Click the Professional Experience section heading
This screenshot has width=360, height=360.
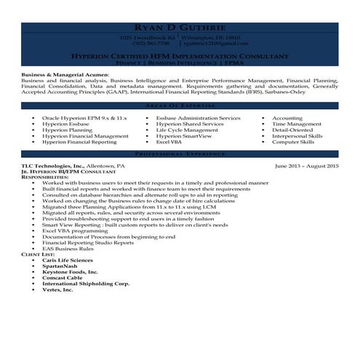pos(180,155)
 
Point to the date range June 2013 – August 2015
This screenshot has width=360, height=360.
pos(307,166)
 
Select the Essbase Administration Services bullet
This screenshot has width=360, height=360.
pos(198,118)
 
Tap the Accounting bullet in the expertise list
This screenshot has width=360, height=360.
pos(287,118)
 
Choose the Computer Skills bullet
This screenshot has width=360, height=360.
pos(293,142)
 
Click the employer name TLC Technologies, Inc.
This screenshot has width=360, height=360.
pos(52,166)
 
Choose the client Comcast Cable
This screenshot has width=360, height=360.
pos(63,277)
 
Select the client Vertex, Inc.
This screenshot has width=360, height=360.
pos(57,289)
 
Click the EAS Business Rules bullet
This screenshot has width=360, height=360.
pos(69,248)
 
